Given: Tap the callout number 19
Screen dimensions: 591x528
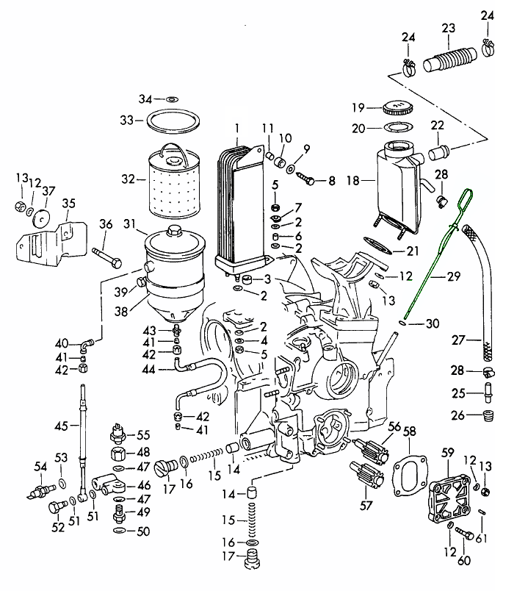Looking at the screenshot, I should coord(358,107).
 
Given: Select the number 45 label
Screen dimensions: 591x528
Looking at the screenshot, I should coord(62,426).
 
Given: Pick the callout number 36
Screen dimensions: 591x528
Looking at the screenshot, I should coord(106,224).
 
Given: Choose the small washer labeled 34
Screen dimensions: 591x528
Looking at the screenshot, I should coord(171,98).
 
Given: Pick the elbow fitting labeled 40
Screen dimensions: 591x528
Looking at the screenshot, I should coord(87,343).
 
